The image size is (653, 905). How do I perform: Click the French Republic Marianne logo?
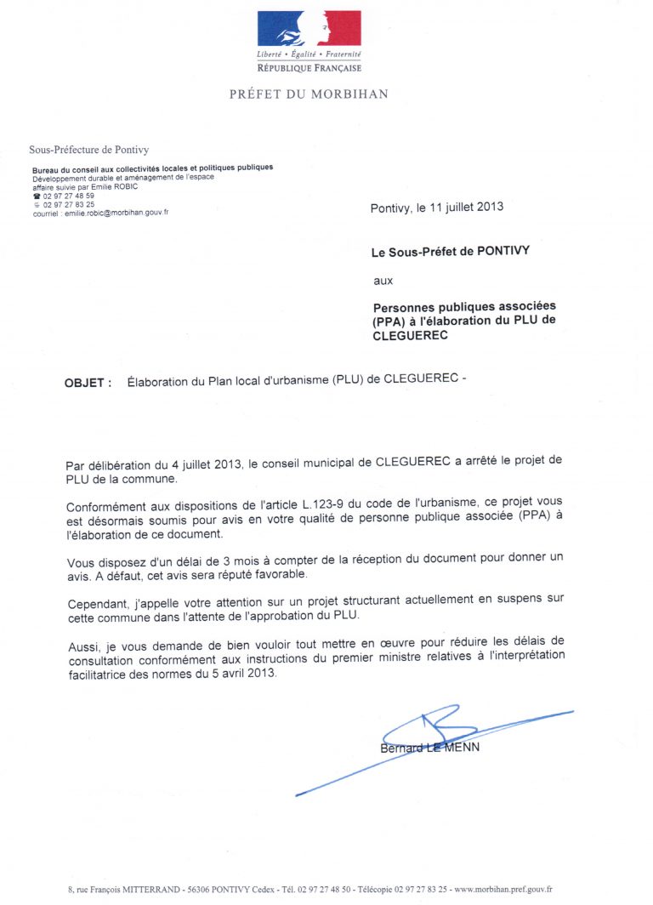(x=309, y=29)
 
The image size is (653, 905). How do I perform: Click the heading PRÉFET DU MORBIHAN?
(x=309, y=94)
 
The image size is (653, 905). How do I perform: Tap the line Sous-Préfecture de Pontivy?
(x=89, y=150)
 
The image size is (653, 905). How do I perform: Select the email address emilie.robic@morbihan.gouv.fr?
(x=114, y=213)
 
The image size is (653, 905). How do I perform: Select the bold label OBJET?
(x=87, y=383)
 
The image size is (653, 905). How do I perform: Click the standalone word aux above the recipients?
(x=383, y=280)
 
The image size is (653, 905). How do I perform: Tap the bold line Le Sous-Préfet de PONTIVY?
(x=451, y=253)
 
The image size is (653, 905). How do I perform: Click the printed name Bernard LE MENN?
(x=429, y=748)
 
